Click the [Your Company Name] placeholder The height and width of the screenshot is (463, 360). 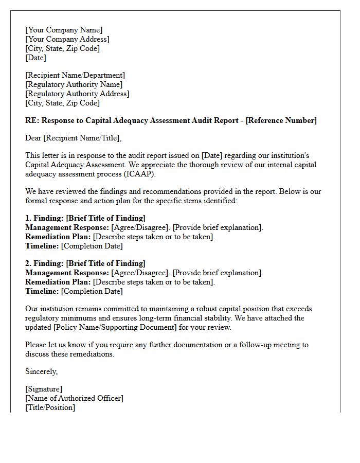click(64, 30)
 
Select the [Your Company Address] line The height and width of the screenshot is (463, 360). click(67, 39)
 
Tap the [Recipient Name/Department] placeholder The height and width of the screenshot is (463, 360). click(75, 75)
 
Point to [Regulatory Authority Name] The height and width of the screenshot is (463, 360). click(74, 84)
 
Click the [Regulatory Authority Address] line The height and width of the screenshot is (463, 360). click(77, 94)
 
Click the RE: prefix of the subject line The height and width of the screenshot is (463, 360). click(32, 120)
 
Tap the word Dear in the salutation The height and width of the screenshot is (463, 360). click(33, 138)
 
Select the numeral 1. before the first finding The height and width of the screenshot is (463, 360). click(28, 218)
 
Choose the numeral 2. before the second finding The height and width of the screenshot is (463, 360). click(28, 263)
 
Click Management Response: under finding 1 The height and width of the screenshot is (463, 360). click(67, 227)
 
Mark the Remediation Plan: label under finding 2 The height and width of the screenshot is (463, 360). click(58, 282)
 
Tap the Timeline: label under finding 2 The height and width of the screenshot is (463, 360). click(42, 291)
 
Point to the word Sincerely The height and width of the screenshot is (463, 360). click(41, 371)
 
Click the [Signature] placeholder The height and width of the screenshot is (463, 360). click(44, 389)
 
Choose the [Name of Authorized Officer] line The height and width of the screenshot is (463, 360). click(74, 398)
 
